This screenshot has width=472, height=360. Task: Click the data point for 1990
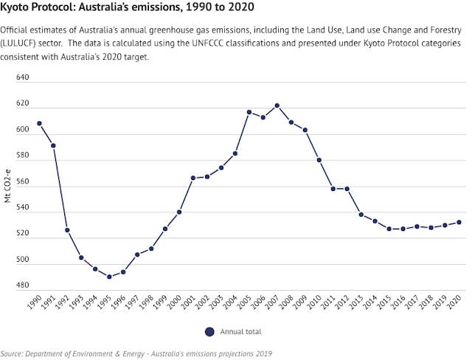(39, 123)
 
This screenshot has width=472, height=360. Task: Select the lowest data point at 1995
(109, 277)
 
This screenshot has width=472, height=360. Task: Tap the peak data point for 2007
(277, 105)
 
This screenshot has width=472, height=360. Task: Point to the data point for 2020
(459, 222)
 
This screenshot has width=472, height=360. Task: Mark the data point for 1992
(67, 230)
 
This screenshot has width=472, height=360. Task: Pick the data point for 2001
(193, 178)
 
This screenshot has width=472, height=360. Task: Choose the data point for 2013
(361, 215)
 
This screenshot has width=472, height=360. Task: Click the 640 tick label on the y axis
(22, 77)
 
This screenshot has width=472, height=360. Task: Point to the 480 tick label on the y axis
(22, 285)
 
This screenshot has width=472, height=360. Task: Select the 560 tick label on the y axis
(22, 181)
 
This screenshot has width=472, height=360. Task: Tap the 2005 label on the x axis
(249, 306)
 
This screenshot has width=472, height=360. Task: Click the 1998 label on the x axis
(151, 306)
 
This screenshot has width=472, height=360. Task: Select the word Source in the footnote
(15, 353)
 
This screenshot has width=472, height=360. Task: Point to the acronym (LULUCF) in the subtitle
(26, 44)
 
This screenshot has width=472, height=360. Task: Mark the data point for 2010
(319, 160)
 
